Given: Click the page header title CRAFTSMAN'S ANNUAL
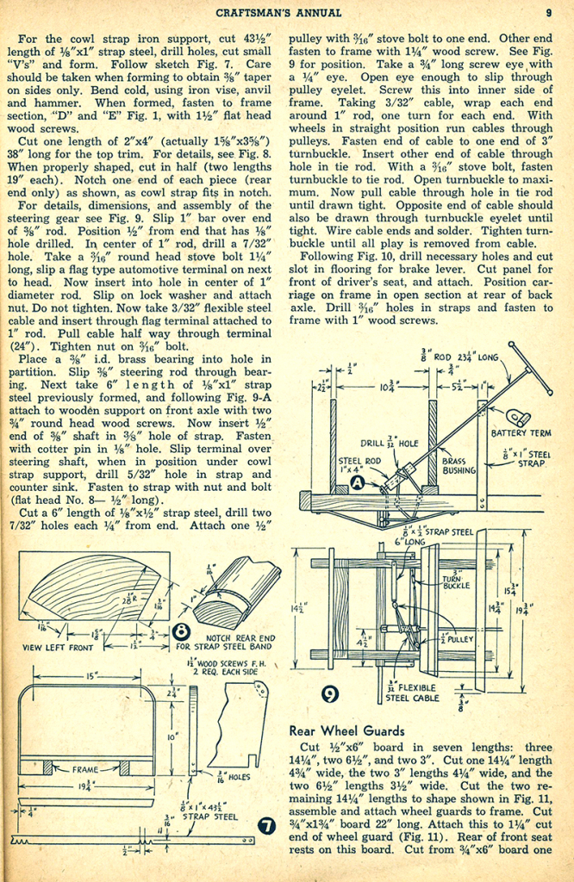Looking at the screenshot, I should tap(277, 12).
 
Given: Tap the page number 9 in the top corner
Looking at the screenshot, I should tap(548, 12).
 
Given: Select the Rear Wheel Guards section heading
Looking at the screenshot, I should tap(346, 730).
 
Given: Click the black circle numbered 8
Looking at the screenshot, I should tap(182, 630).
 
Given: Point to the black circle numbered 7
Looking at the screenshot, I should tap(266, 828).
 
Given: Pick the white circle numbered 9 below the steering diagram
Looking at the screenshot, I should tap(329, 693).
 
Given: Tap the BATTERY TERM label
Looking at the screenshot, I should tap(521, 433).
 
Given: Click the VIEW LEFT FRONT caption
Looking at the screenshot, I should tap(59, 646).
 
